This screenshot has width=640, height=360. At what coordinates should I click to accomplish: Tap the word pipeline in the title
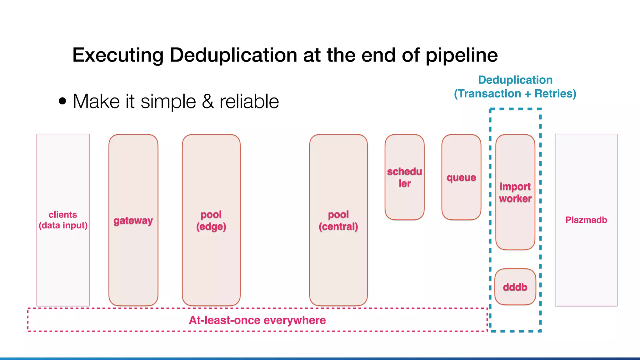pyautogui.click(x=462, y=55)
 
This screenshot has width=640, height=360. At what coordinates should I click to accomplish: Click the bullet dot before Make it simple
pyautogui.click(x=62, y=101)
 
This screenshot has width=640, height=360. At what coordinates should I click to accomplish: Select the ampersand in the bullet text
pyautogui.click(x=208, y=102)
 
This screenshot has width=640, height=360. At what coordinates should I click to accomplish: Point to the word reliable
pyautogui.click(x=249, y=102)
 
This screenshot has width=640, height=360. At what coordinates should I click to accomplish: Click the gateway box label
pyautogui.click(x=133, y=221)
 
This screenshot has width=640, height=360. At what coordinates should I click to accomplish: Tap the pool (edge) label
pyautogui.click(x=211, y=220)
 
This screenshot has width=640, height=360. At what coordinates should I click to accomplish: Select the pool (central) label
pyautogui.click(x=338, y=220)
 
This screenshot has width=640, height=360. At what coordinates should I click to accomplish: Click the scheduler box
pyautogui.click(x=404, y=177)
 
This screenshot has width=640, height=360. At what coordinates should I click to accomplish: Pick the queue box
pyautogui.click(x=461, y=177)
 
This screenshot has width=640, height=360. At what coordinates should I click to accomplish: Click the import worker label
pyautogui.click(x=515, y=192)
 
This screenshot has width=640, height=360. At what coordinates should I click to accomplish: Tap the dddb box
pyautogui.click(x=515, y=287)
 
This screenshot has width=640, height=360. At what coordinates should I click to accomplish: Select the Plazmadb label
pyautogui.click(x=586, y=220)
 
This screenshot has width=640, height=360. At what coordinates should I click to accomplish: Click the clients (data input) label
pyautogui.click(x=63, y=220)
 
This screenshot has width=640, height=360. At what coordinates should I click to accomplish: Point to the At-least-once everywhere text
pyautogui.click(x=257, y=320)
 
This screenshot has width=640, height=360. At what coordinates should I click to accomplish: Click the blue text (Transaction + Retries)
pyautogui.click(x=515, y=93)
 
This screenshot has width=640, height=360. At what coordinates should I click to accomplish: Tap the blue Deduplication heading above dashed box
pyautogui.click(x=515, y=80)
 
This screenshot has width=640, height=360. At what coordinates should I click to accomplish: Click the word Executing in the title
pyautogui.click(x=118, y=55)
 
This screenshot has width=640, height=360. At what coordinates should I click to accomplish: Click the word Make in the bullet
pyautogui.click(x=96, y=102)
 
